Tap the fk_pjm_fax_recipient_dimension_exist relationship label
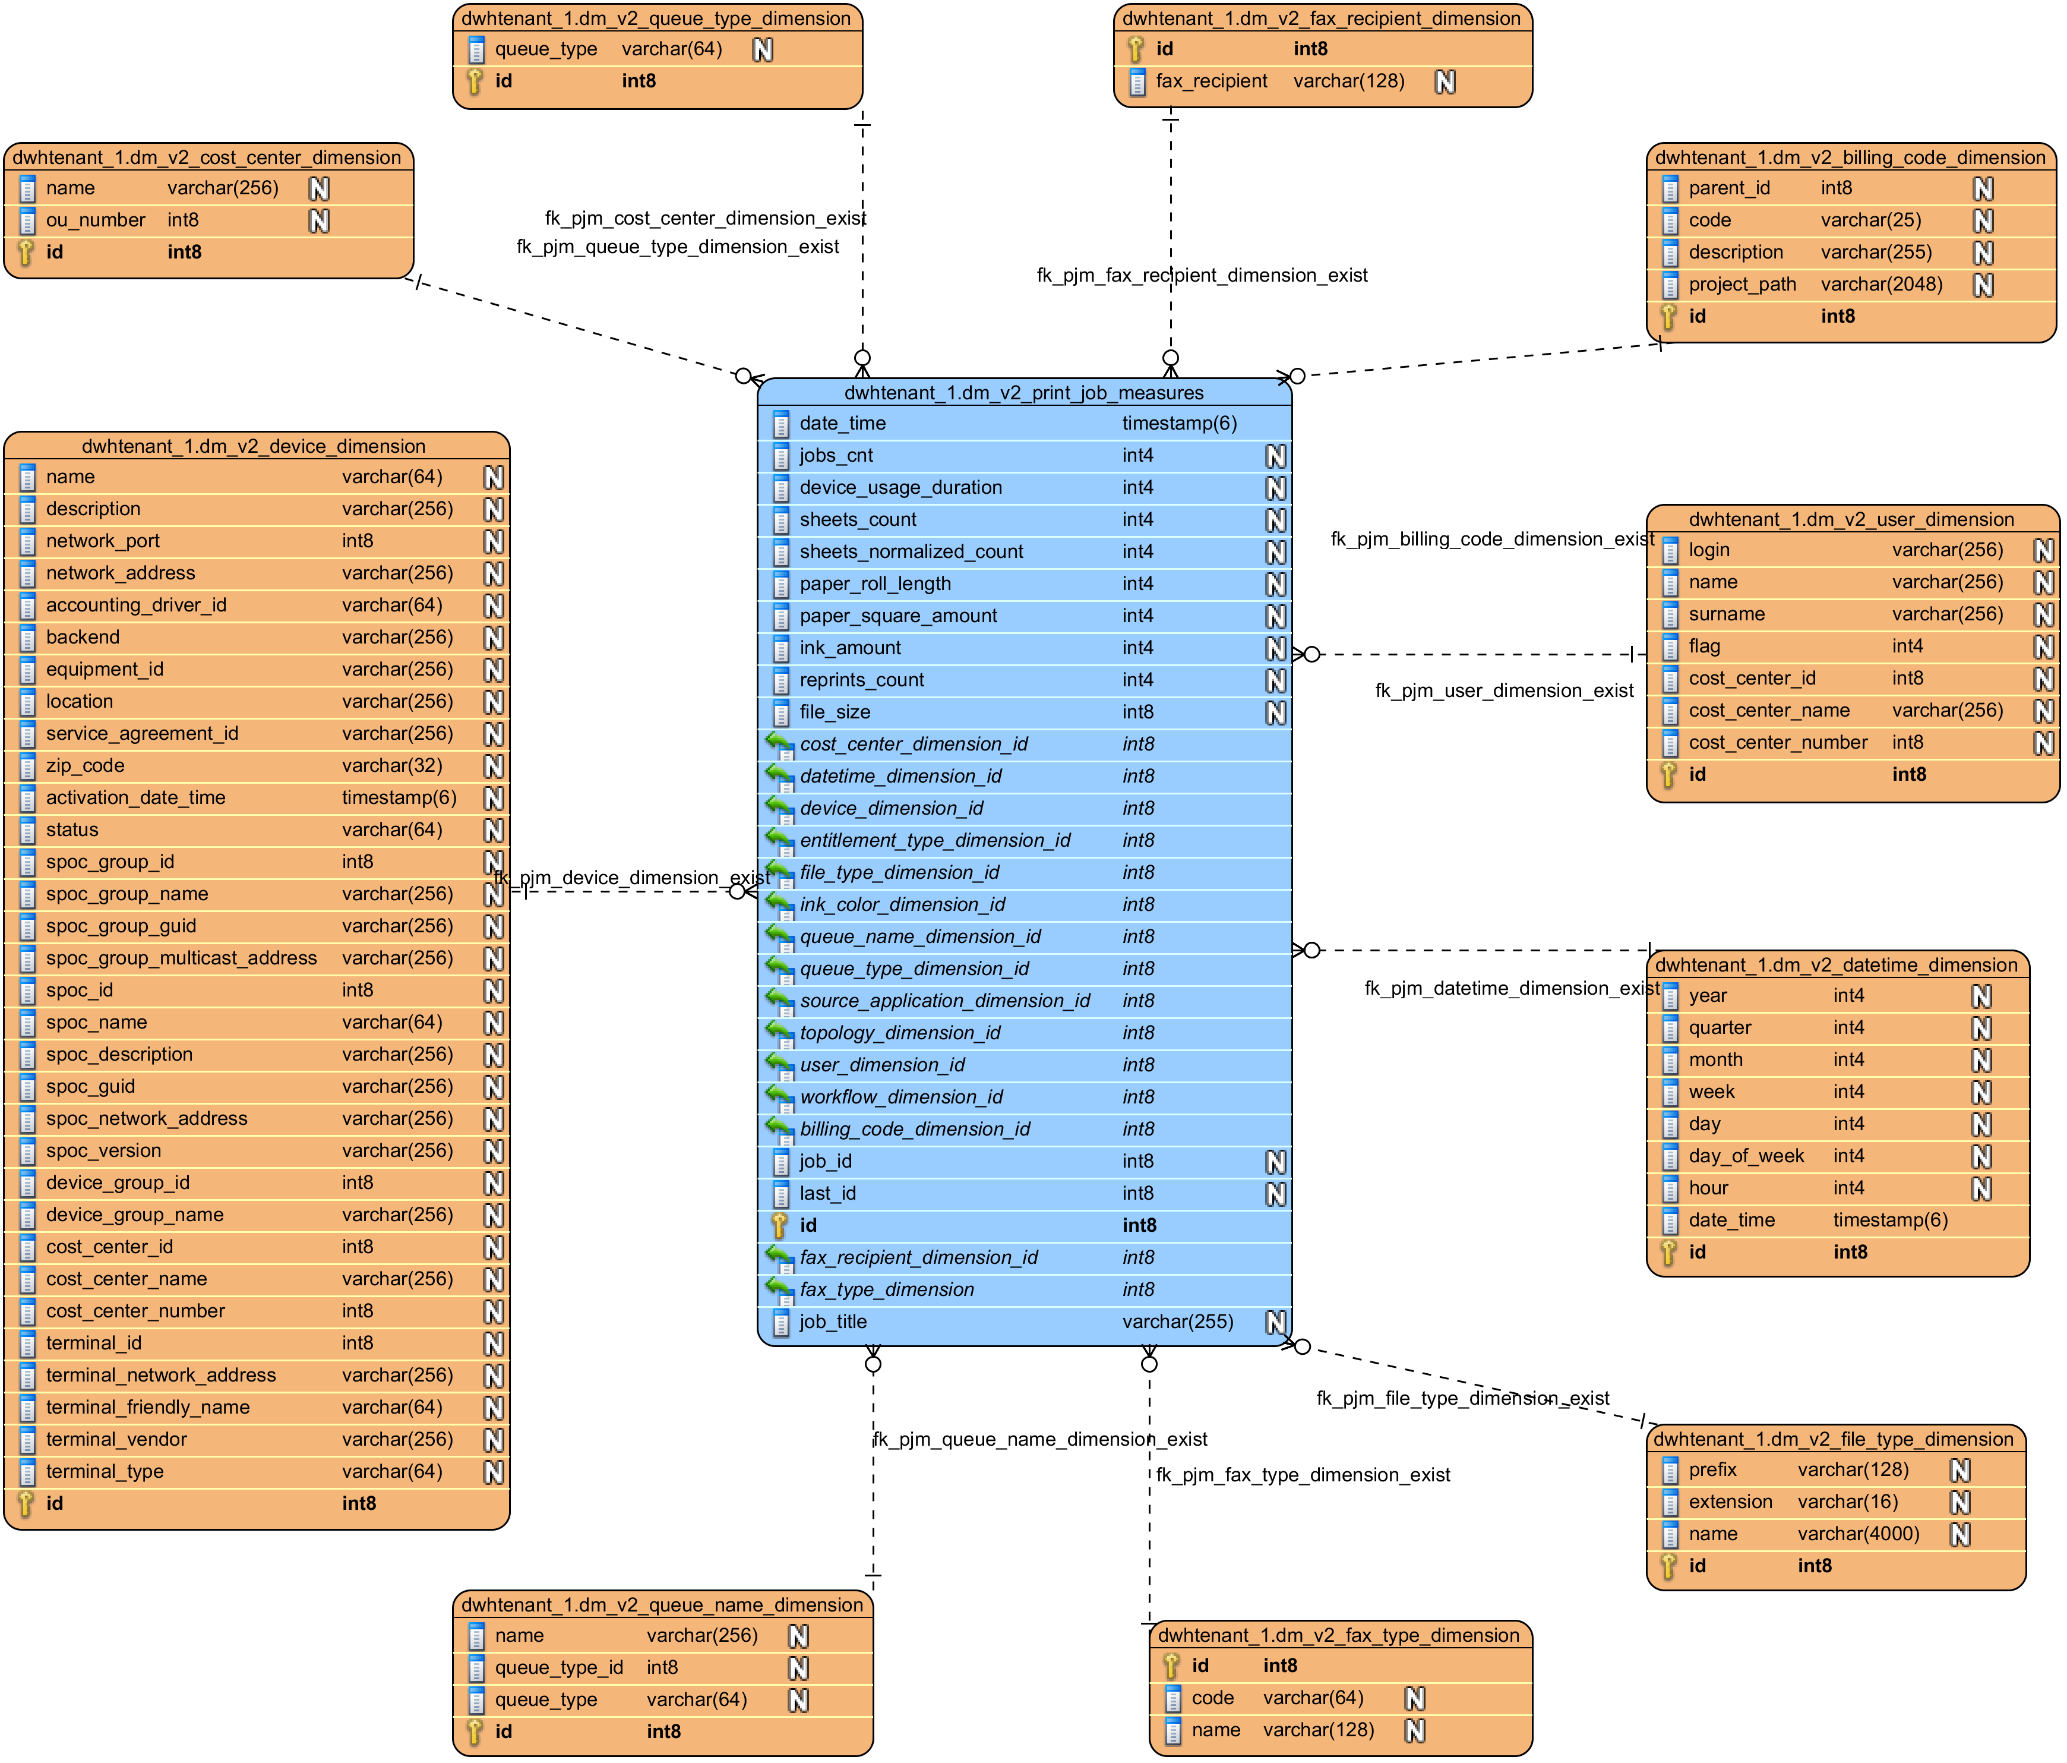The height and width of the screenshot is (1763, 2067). (x=1202, y=275)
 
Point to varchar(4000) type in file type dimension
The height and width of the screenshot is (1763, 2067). (x=1859, y=1534)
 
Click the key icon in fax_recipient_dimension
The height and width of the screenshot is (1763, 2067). (x=1135, y=49)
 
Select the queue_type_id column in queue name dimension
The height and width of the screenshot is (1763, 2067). (x=559, y=1668)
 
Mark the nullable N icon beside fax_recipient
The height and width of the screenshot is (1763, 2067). (x=1445, y=82)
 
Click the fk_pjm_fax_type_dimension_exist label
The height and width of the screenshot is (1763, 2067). (x=1303, y=1475)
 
